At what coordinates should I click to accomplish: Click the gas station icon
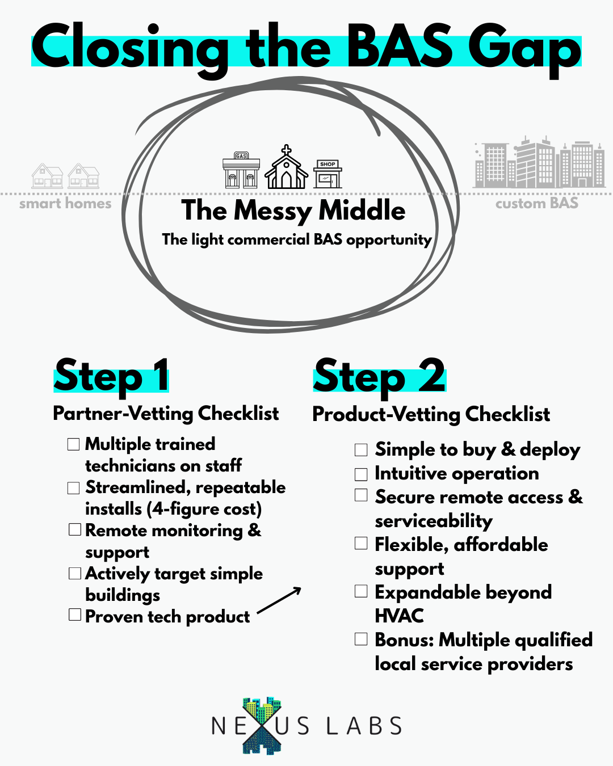pyautogui.click(x=241, y=170)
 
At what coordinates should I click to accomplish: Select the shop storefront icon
pyautogui.click(x=328, y=174)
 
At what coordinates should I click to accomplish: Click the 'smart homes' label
pyautogui.click(x=65, y=204)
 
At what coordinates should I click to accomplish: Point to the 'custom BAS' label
pyautogui.click(x=536, y=203)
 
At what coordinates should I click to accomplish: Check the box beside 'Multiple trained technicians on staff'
pyautogui.click(x=73, y=444)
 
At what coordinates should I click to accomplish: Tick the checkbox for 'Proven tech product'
pyautogui.click(x=74, y=615)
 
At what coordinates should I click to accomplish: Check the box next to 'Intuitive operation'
pyautogui.click(x=361, y=474)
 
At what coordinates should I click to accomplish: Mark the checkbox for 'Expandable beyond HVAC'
pyautogui.click(x=361, y=591)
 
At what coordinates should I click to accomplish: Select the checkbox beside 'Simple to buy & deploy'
pyautogui.click(x=361, y=450)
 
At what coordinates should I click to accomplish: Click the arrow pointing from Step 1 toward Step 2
pyautogui.click(x=279, y=600)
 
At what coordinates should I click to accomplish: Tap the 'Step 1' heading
pyautogui.click(x=111, y=376)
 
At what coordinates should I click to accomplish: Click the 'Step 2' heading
pyautogui.click(x=379, y=376)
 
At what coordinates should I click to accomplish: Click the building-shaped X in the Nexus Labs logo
pyautogui.click(x=262, y=725)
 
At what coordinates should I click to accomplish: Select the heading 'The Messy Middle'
pyautogui.click(x=293, y=211)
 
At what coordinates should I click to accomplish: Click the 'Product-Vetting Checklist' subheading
pyautogui.click(x=431, y=414)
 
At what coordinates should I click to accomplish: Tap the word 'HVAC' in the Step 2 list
pyautogui.click(x=399, y=616)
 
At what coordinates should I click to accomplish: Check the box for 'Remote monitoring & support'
pyautogui.click(x=75, y=529)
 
